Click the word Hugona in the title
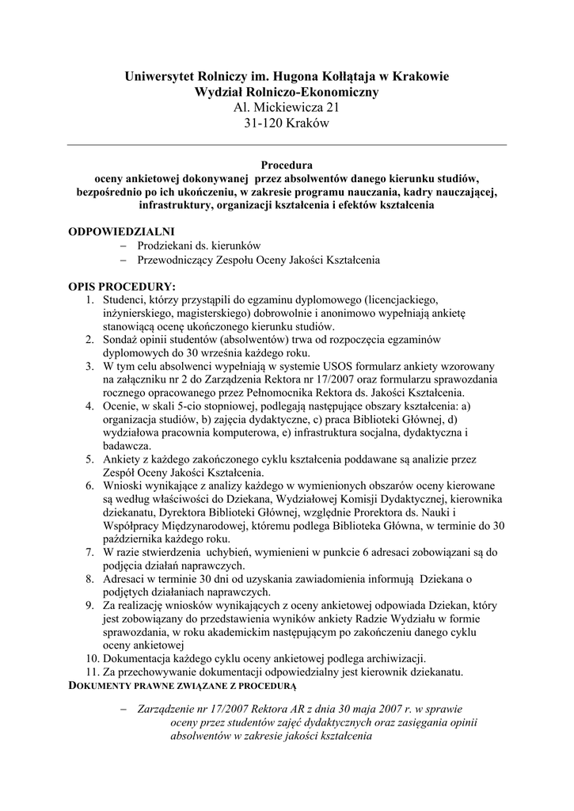[x=302, y=77]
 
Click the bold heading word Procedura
[x=287, y=166]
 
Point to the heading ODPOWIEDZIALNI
[x=121, y=231]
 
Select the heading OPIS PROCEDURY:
[x=122, y=286]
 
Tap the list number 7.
[x=89, y=552]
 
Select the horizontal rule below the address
[x=287, y=145]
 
